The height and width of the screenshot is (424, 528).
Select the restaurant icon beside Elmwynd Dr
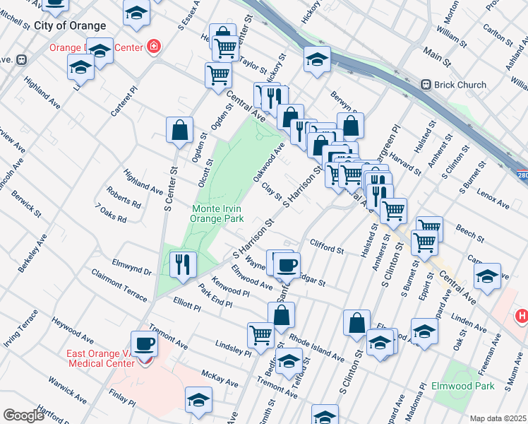183,264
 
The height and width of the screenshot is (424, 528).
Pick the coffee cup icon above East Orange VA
145,343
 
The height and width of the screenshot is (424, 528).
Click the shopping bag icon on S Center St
180,129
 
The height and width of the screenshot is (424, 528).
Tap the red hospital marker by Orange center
153,48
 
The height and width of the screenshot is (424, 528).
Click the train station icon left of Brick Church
426,85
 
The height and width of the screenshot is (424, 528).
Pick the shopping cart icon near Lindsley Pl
260,334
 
